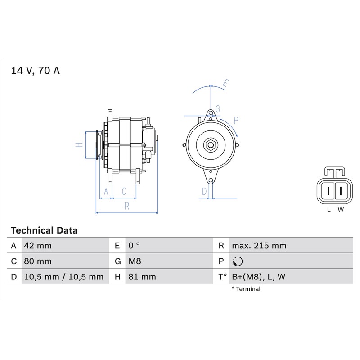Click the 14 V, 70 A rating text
click(x=36, y=71)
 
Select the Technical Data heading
click(x=44, y=230)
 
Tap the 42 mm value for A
click(x=38, y=246)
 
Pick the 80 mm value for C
click(x=38, y=261)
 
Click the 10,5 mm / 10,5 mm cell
click(x=64, y=277)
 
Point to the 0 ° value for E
click(x=134, y=246)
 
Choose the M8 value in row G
click(x=135, y=261)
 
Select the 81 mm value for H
click(x=142, y=277)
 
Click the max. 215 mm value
click(x=259, y=246)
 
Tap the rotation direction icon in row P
click(x=238, y=261)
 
